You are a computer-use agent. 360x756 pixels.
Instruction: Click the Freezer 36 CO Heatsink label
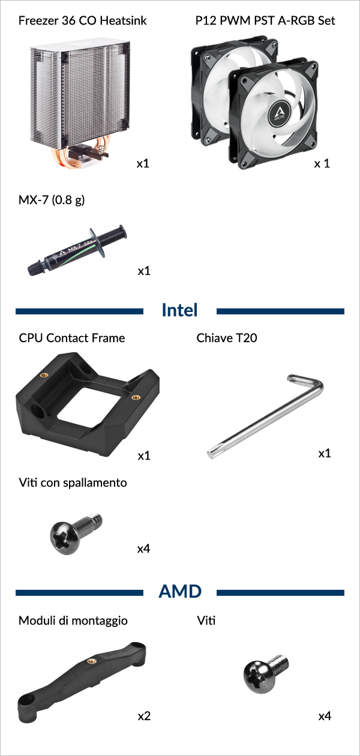[82, 20]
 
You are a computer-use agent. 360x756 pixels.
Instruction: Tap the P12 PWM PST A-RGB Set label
[265, 20]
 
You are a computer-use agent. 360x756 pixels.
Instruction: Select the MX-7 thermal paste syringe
[77, 250]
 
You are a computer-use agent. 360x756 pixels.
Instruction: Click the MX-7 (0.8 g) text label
[51, 200]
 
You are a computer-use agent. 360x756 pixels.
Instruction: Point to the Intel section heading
[179, 310]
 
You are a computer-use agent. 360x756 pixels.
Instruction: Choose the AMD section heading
[180, 592]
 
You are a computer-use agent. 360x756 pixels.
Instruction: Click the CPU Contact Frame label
[72, 338]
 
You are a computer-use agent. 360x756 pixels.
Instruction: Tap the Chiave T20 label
[227, 338]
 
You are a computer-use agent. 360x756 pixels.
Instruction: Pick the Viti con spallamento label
[73, 482]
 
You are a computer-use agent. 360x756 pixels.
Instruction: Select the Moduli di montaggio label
[73, 620]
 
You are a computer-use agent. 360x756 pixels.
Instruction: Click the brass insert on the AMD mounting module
[91, 661]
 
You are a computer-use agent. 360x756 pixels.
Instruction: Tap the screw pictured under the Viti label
[266, 674]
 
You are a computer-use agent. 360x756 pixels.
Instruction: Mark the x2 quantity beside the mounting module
[144, 716]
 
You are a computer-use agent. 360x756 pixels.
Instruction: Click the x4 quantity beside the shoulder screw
[143, 549]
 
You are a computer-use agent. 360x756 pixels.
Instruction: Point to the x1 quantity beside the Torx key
[325, 453]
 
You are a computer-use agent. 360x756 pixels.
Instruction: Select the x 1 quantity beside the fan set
[322, 164]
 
